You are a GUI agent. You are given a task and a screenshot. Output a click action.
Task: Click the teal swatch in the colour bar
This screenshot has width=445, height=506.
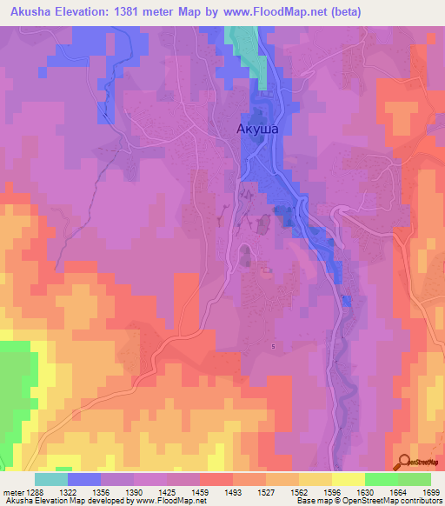[x=50, y=479]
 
